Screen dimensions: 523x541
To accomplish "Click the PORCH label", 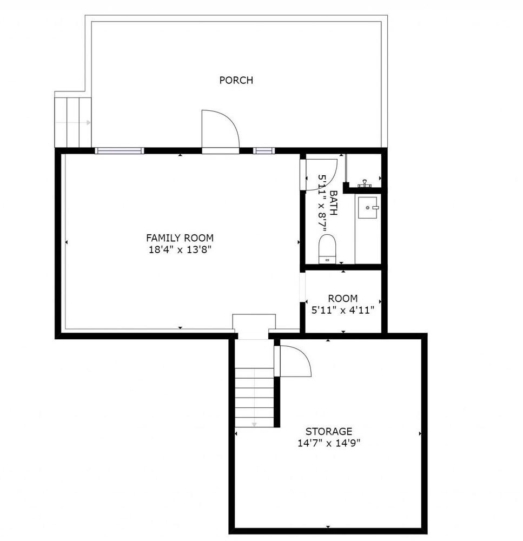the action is (x=236, y=80).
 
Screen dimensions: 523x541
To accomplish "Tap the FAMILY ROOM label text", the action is (x=180, y=238).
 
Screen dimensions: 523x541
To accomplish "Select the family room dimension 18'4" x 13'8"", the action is (x=180, y=249).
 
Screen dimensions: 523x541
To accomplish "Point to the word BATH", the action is (x=334, y=203).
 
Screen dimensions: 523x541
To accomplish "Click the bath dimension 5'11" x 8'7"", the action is (x=322, y=203).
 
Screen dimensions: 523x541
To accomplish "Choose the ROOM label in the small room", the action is (x=342, y=299).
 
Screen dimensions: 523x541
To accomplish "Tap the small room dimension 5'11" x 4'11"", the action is (x=342, y=310).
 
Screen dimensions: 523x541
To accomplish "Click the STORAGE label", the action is (x=329, y=431).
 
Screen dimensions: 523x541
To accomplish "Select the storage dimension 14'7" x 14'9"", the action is (x=329, y=443).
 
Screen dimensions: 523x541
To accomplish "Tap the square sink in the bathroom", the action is (x=367, y=208).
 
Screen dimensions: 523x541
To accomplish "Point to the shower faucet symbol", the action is (x=365, y=183).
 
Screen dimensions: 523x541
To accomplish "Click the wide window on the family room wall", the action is (x=120, y=150).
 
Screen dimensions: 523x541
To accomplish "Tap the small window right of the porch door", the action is (x=264, y=150).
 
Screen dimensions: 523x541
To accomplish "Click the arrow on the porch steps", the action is (x=73, y=122).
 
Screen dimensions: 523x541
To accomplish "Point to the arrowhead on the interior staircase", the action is (x=254, y=424).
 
